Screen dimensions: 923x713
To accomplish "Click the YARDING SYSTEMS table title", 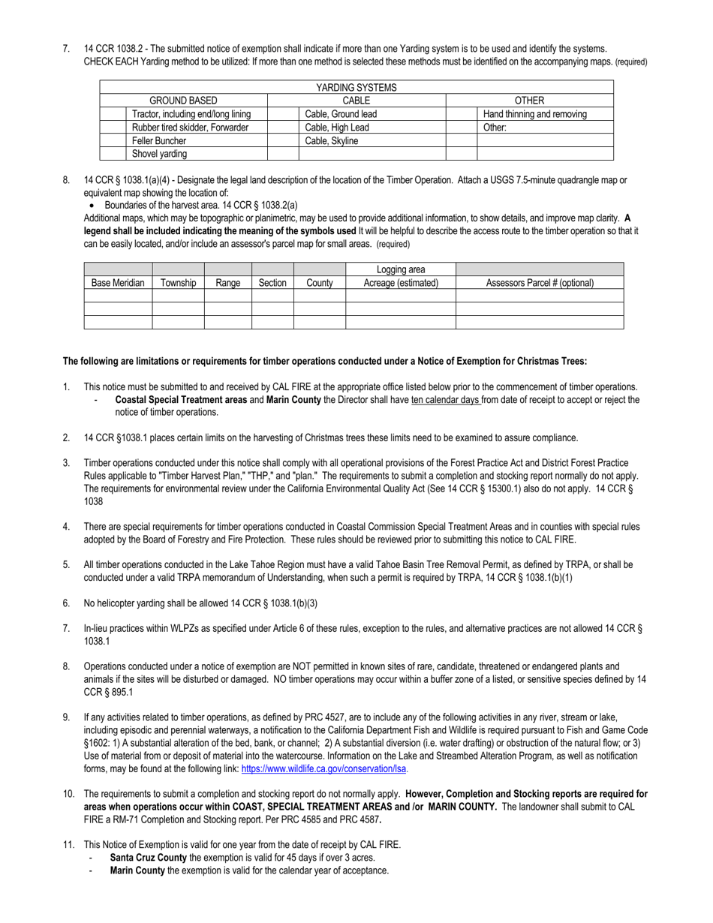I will tap(356, 88).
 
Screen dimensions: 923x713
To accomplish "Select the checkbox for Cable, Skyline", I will tap(283, 141).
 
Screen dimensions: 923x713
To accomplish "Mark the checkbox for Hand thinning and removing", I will tap(462, 114).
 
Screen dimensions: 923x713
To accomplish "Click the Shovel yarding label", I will tap(159, 154).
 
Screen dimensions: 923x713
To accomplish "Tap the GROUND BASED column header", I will tap(183, 101).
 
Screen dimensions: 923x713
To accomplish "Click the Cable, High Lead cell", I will tap(337, 128).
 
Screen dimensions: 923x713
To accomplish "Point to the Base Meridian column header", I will tap(118, 283).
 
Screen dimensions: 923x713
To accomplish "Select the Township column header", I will tap(178, 283).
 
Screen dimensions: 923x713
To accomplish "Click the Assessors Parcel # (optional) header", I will tap(540, 283).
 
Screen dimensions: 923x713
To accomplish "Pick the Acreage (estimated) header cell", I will tap(401, 283).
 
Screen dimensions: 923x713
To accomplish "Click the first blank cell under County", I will tap(319, 296).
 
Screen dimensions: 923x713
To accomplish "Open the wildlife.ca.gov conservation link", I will tap(324, 769).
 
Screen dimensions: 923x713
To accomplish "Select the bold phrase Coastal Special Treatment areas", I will tap(180, 400).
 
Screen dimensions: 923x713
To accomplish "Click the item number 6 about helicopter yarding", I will tap(67, 603).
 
